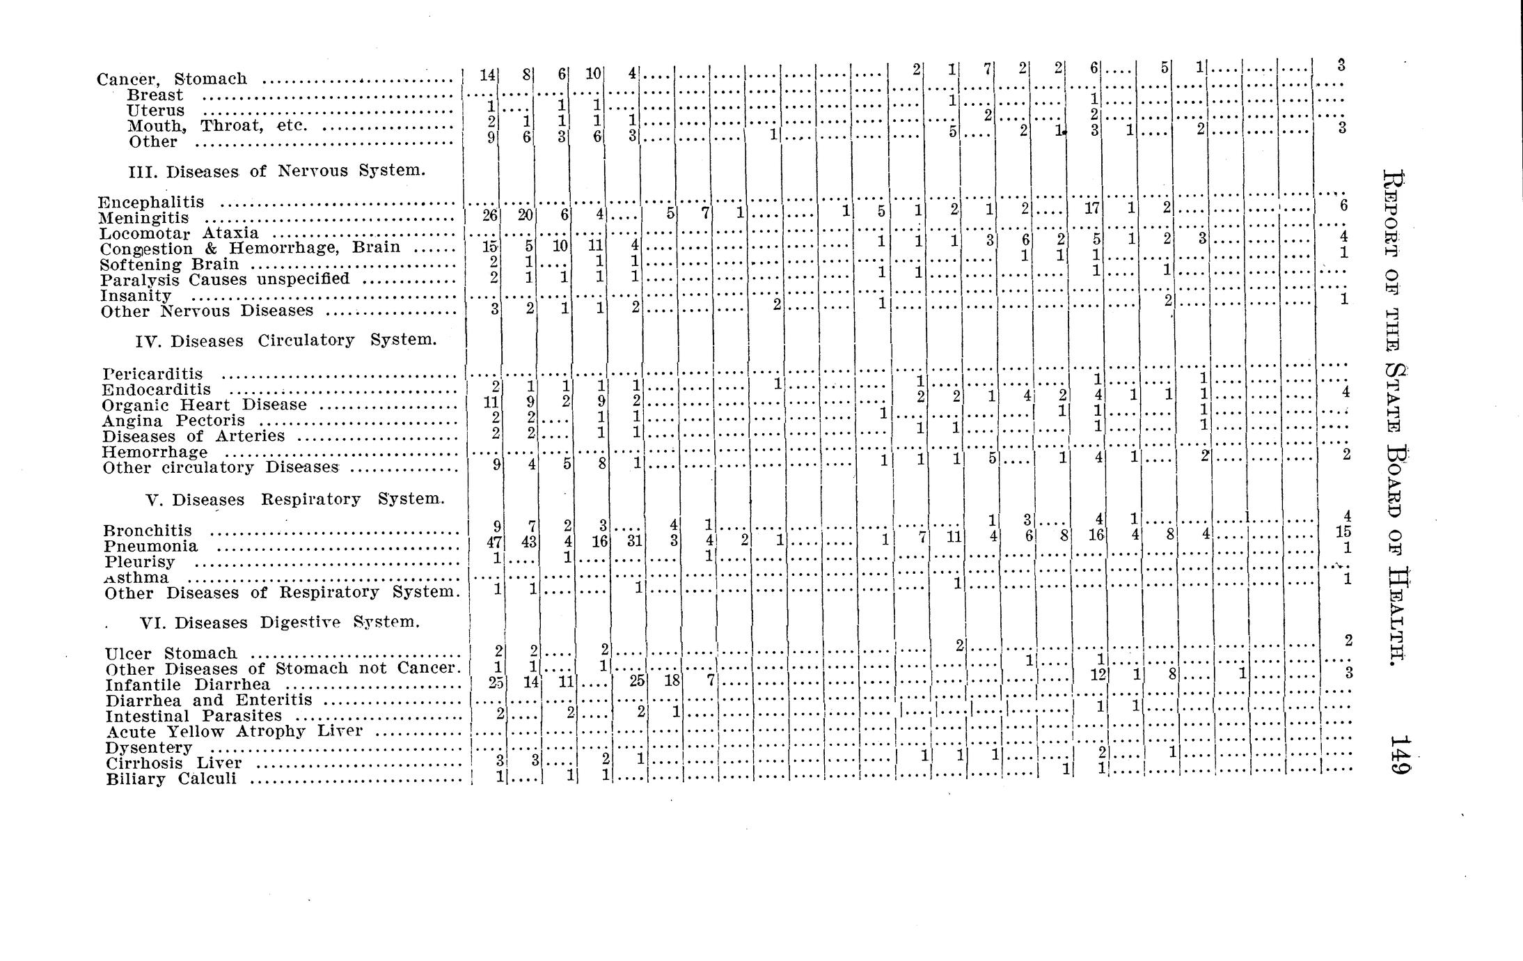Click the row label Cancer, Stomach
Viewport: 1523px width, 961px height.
pos(172,79)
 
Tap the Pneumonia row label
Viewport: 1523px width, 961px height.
pos(150,546)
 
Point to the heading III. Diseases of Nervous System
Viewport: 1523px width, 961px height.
pos(276,171)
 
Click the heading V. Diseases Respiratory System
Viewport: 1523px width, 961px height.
pos(294,499)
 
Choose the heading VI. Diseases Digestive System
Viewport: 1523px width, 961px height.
pos(280,623)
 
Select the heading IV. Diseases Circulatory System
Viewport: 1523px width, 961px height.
pos(286,341)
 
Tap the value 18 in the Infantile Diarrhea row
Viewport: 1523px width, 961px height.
pos(671,680)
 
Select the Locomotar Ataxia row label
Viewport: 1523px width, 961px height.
pos(179,233)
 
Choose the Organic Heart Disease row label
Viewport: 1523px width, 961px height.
pos(204,405)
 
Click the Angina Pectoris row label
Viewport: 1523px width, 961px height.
pos(173,421)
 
